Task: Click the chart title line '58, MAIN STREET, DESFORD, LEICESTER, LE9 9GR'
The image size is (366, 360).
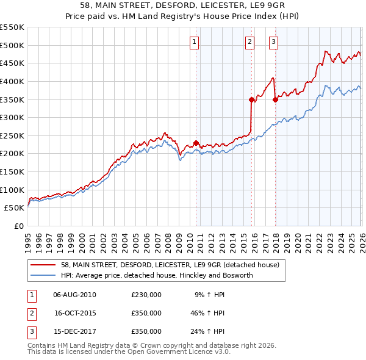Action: tap(183, 5)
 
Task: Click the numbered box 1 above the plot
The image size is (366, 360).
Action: tap(194, 42)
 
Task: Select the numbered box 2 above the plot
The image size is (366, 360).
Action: tap(250, 42)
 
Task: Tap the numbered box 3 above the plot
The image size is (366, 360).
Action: tap(273, 42)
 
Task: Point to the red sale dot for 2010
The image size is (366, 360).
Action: tap(196, 143)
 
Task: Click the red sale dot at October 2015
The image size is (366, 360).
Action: tap(251, 99)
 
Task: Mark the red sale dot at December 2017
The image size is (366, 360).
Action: tap(275, 99)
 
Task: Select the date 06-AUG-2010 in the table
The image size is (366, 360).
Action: tap(75, 294)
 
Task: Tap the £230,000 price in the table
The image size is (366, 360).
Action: tap(146, 294)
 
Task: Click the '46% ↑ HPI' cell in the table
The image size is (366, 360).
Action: tap(209, 313)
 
